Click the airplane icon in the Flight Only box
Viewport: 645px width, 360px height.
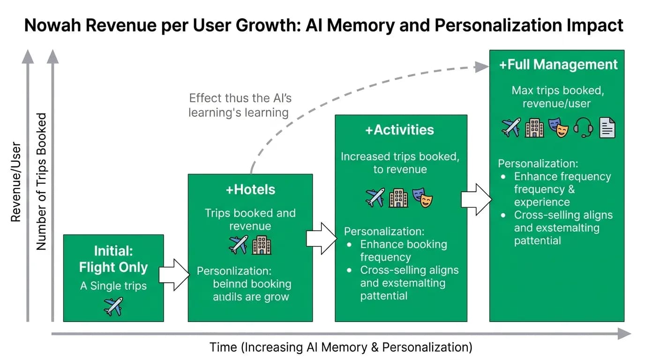(x=113, y=307)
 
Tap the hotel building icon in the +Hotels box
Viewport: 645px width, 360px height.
(x=262, y=245)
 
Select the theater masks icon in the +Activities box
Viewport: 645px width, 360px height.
(x=422, y=198)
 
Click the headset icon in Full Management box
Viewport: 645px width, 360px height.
(x=583, y=127)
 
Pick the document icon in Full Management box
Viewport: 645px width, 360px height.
(x=607, y=127)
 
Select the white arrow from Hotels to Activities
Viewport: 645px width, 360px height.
(x=322, y=238)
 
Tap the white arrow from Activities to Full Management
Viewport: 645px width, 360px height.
(x=476, y=199)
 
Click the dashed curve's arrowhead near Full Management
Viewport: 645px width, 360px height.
(x=481, y=67)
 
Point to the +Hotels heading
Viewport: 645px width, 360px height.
(x=250, y=189)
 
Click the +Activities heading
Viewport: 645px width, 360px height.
(x=399, y=130)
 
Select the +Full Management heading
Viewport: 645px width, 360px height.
(x=558, y=65)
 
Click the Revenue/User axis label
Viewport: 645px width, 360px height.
(x=16, y=182)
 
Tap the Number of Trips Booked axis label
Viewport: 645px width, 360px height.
(x=41, y=181)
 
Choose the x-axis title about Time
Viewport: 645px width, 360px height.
(x=341, y=347)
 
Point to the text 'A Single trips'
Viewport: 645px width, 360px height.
(x=113, y=285)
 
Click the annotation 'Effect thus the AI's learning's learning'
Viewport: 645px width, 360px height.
(x=240, y=105)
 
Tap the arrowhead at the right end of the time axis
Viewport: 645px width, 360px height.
(x=624, y=334)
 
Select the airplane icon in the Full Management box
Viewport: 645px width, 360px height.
(x=511, y=127)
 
